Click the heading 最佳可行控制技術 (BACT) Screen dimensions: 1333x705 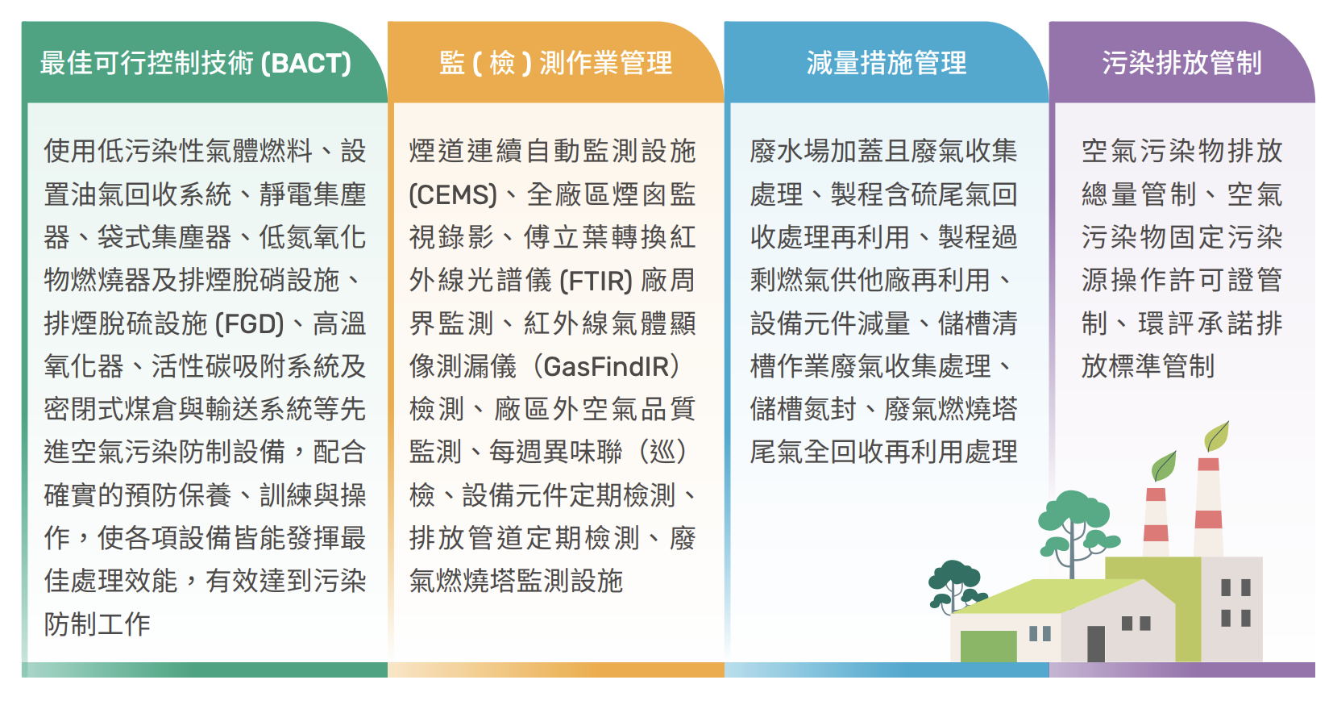196,63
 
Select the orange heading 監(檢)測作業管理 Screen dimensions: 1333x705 556,63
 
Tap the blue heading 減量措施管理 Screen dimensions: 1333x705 886,63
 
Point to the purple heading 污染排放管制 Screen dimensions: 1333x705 1181,63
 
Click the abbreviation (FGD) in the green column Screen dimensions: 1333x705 249,324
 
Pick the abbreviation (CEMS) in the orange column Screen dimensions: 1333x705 453,194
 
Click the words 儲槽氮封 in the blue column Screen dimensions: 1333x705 803,410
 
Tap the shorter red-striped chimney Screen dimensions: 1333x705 1156,522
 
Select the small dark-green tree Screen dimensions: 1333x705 955,586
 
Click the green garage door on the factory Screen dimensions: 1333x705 988,646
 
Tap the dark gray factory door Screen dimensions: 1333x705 1095,644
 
